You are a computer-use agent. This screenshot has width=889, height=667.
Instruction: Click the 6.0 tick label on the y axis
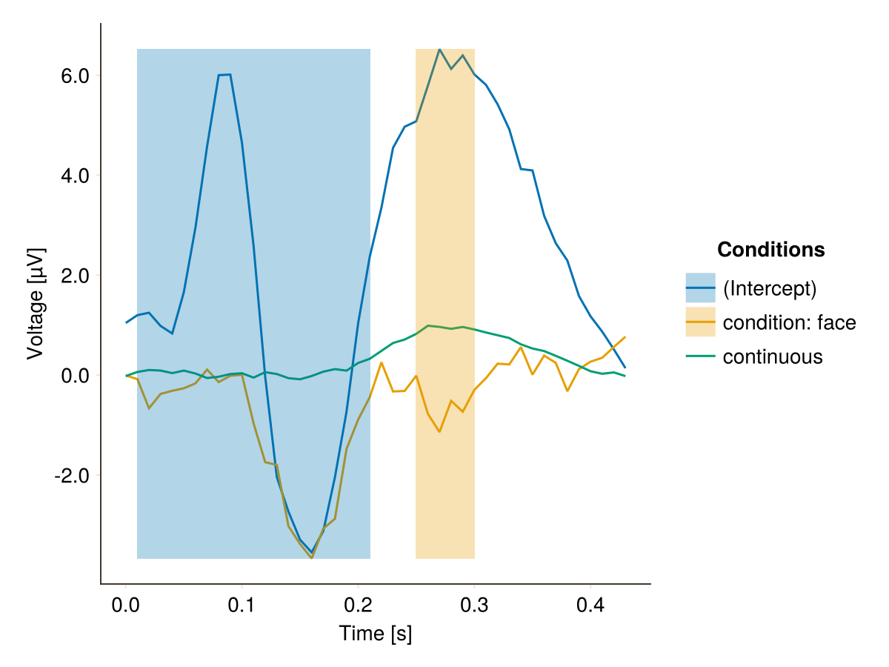point(75,76)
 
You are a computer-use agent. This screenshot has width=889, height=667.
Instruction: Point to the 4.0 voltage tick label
point(75,176)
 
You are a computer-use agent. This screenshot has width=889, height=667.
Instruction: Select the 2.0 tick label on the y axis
point(75,276)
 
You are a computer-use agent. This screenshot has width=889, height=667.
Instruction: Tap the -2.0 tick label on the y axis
point(72,476)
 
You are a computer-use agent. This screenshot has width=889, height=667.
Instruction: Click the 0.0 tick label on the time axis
point(125,605)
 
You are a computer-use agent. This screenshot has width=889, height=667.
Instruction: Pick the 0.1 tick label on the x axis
point(242,605)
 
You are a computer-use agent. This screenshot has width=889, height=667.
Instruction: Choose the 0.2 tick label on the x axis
point(358,605)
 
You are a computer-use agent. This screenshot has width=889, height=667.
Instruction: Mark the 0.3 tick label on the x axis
point(474,605)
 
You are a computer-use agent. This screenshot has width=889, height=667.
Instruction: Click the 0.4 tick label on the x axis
point(590,605)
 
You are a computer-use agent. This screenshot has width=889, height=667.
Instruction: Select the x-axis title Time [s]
point(376,634)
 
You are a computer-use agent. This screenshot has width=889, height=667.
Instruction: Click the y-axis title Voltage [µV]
point(36,304)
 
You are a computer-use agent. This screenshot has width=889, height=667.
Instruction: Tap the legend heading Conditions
point(770,250)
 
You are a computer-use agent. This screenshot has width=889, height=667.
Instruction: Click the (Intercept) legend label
point(770,289)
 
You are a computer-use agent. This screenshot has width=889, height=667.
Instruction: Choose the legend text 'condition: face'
point(790,323)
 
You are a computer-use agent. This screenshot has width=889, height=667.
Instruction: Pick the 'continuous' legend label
point(773,356)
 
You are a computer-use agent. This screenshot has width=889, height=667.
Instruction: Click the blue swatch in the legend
point(700,288)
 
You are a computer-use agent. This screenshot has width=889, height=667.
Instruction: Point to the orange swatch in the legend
point(700,322)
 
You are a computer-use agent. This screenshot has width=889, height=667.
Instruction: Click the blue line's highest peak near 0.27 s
point(439,50)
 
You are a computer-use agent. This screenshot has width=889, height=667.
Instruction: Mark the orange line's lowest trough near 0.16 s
point(311,558)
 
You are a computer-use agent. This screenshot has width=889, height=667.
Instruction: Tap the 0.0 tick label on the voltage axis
point(75,376)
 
